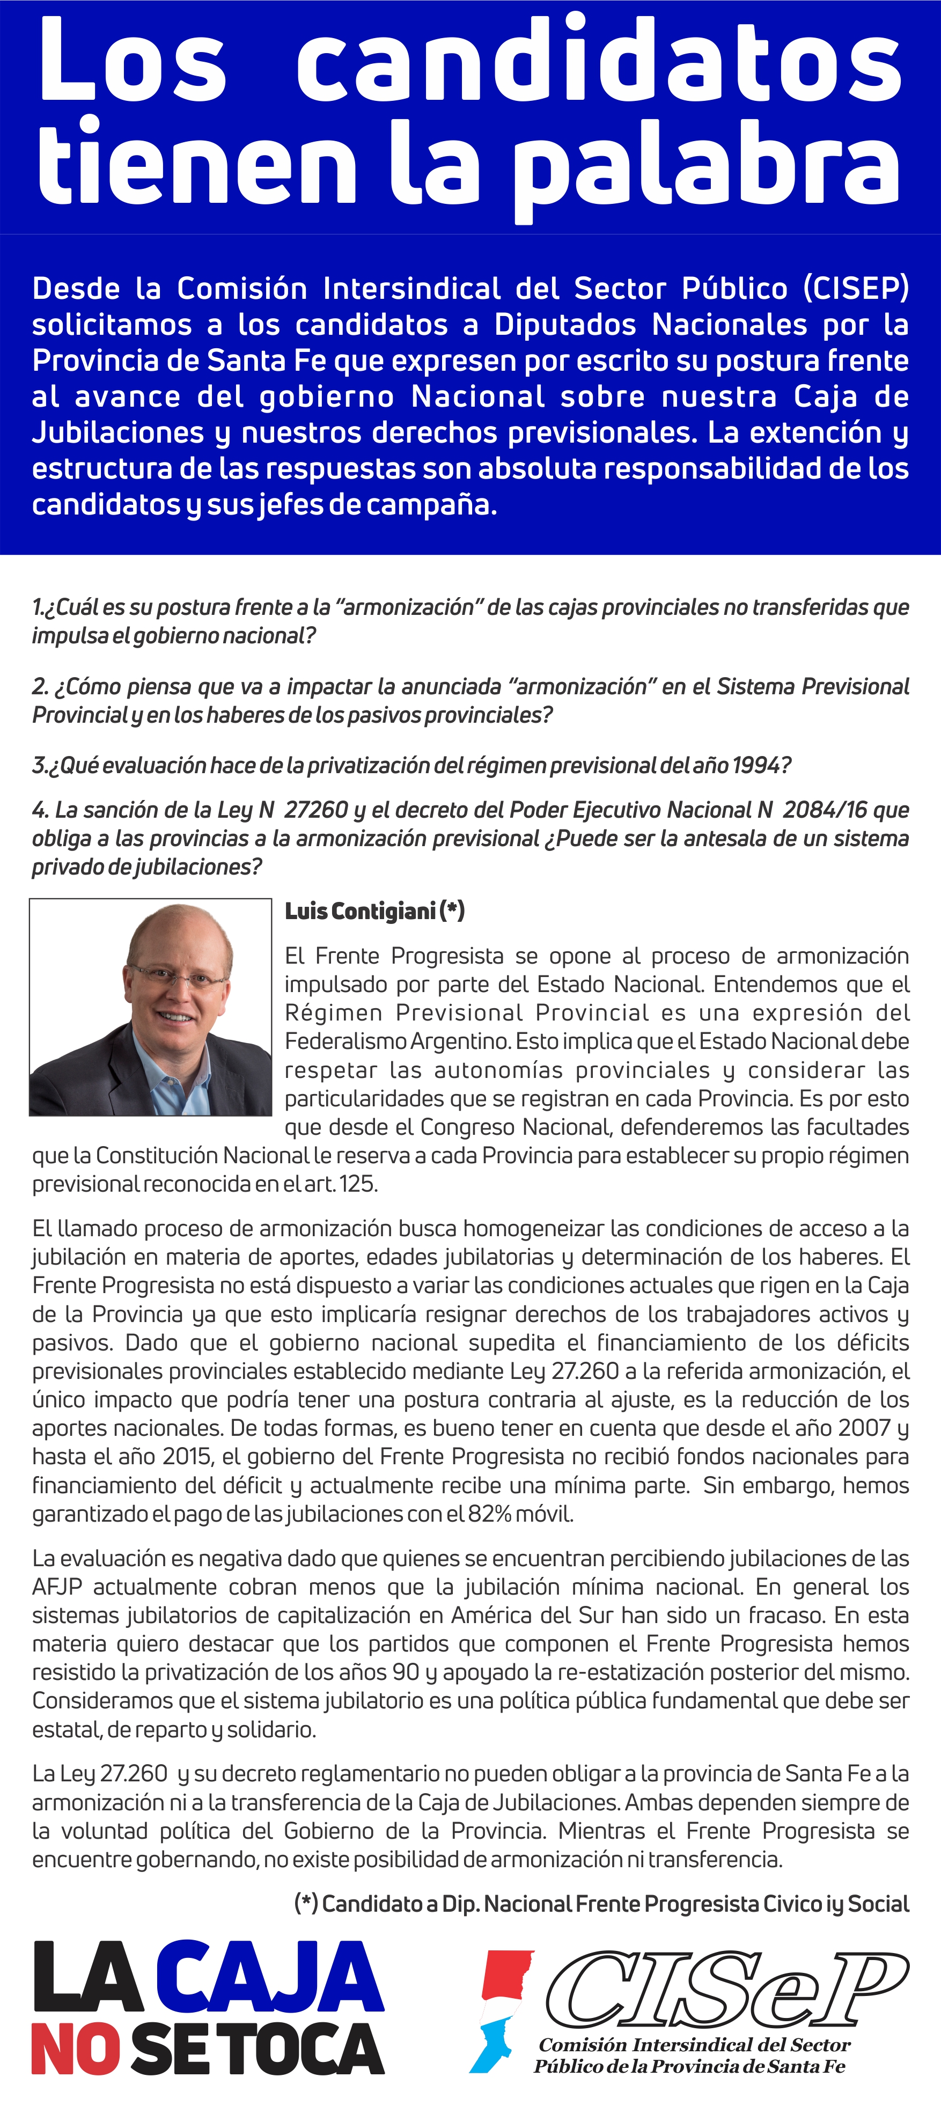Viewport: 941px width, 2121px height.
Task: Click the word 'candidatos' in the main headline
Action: [599, 64]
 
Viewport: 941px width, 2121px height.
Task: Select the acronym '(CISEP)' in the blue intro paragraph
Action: [856, 288]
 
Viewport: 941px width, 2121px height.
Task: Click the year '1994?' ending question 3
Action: [761, 765]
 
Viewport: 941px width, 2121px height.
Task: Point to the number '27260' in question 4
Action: [316, 810]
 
